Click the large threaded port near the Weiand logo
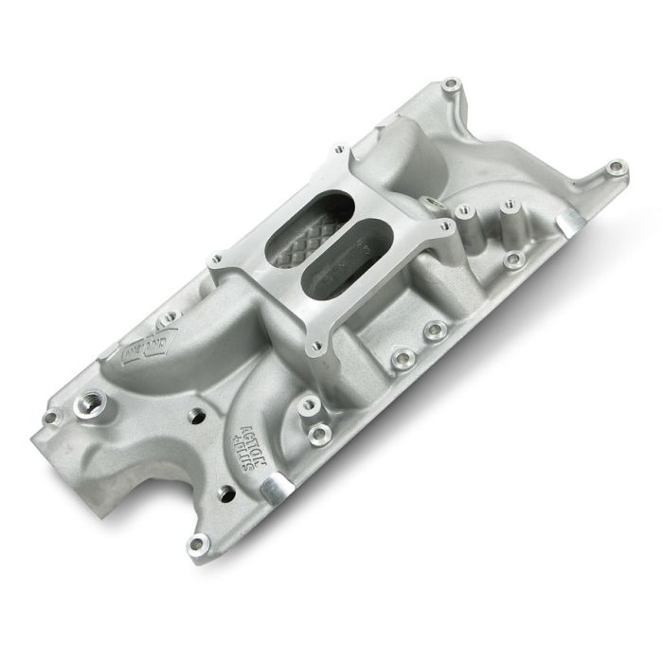(98, 406)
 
